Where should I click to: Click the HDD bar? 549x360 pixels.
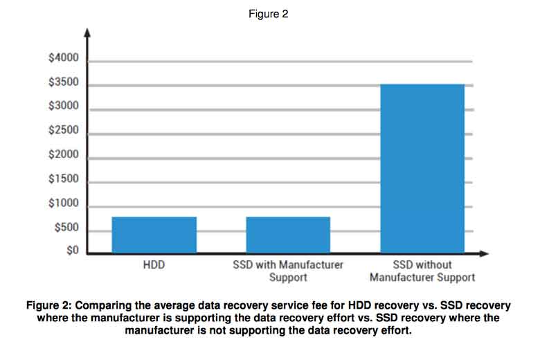click(154, 235)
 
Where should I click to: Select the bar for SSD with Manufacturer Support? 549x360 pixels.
click(288, 235)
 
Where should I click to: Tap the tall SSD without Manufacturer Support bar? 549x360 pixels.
click(422, 168)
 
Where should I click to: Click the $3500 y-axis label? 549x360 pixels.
click(64, 83)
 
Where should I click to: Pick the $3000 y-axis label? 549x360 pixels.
click(64, 107)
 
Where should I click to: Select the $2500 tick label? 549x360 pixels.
click(64, 131)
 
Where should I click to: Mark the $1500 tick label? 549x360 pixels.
click(64, 179)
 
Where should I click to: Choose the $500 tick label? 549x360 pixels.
click(66, 228)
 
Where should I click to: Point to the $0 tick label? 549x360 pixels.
click(73, 250)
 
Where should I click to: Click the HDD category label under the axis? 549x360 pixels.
click(154, 265)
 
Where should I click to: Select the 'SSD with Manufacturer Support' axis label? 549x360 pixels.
click(288, 271)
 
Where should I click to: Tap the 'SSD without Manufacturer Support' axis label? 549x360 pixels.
click(422, 271)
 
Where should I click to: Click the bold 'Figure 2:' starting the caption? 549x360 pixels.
click(49, 305)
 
